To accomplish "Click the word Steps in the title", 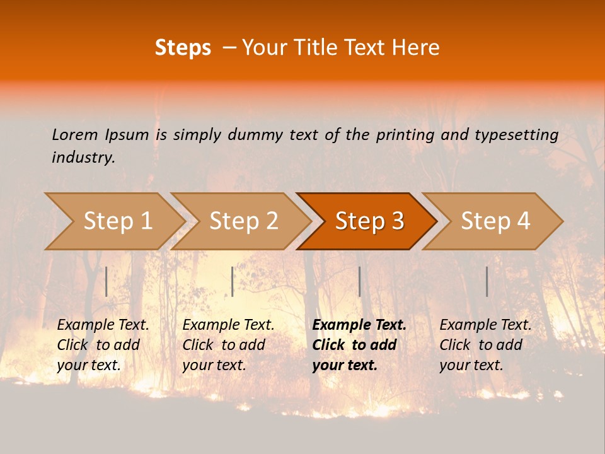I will [183, 48].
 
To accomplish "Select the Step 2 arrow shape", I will [243, 221].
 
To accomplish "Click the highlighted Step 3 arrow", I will [369, 221].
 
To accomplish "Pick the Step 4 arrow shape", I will [495, 221].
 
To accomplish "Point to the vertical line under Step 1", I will [107, 281].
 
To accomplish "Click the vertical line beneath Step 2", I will [233, 281].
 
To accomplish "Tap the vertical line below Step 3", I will [359, 281].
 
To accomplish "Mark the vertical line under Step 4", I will [487, 281].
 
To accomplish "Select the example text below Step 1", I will [103, 345].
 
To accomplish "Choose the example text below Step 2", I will [228, 345].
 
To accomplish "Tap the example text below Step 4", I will [485, 345].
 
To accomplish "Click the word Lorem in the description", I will [74, 134].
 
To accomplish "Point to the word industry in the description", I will [83, 158].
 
